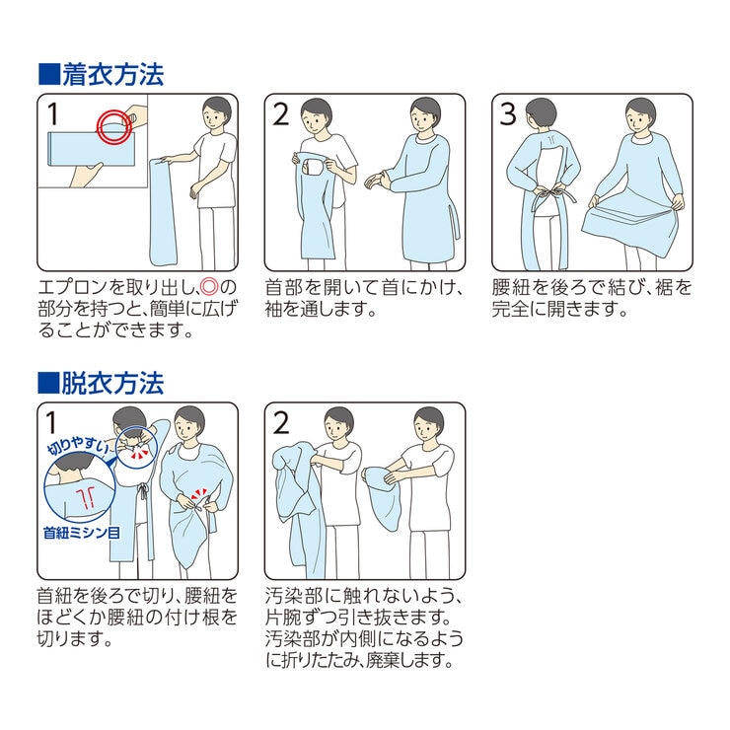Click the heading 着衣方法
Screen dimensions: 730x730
[x=112, y=74]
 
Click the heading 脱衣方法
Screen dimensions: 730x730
[x=112, y=382]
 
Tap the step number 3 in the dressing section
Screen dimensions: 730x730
[x=508, y=115]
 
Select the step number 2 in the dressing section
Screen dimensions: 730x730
[x=280, y=115]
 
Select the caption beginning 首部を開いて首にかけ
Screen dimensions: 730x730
[x=364, y=298]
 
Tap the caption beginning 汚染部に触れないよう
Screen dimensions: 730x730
[x=364, y=627]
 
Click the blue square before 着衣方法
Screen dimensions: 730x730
[x=48, y=75]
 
